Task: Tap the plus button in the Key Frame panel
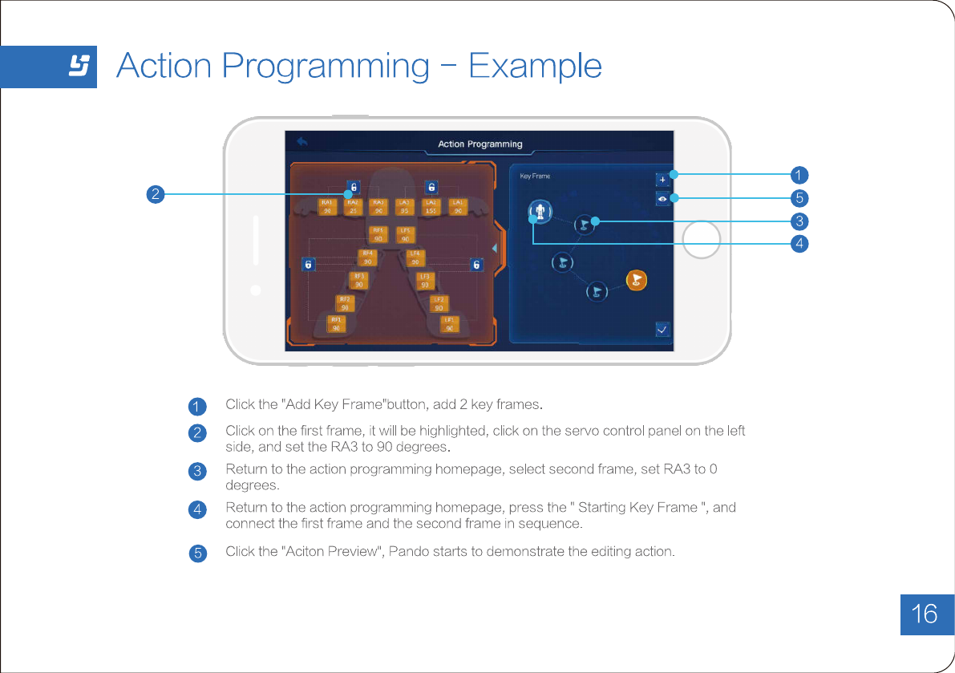[x=662, y=179]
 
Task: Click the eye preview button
[x=662, y=198]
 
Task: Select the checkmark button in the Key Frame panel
[x=662, y=329]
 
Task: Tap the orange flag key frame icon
[x=636, y=279]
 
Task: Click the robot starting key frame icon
[x=540, y=212]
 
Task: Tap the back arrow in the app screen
[x=302, y=142]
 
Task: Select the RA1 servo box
[x=327, y=206]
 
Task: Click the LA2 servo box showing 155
[x=431, y=206]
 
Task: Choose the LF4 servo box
[x=415, y=257]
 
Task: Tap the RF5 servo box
[x=378, y=234]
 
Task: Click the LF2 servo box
[x=439, y=303]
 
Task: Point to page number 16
[x=925, y=614]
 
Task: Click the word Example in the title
[x=535, y=66]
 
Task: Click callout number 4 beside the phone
[x=798, y=243]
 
